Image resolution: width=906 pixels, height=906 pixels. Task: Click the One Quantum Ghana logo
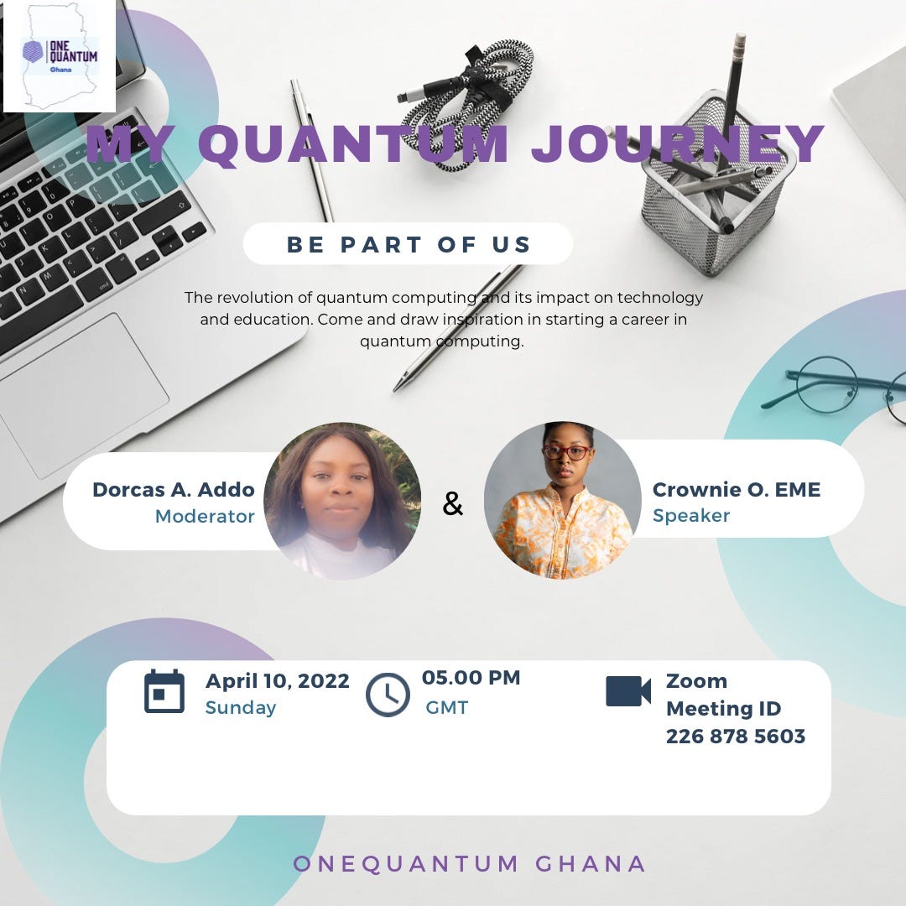[60, 55]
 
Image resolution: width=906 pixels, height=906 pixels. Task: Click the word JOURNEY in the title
[678, 144]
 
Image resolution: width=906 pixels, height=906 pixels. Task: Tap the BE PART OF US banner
[409, 244]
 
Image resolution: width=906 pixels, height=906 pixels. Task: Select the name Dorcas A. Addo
[174, 489]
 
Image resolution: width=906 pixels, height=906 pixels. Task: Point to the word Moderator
[205, 516]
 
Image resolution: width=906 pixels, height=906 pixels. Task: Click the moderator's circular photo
[342, 501]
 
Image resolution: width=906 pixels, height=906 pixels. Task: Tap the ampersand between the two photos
[452, 503]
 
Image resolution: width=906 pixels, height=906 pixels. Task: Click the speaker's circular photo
[563, 501]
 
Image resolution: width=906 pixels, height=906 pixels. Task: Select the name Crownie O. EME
[737, 489]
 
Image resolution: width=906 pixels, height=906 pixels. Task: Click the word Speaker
[691, 515]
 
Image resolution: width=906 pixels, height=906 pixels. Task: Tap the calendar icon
[164, 692]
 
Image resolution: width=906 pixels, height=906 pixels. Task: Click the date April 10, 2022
[278, 680]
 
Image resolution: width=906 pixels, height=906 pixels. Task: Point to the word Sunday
[241, 707]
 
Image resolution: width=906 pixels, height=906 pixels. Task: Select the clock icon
[388, 695]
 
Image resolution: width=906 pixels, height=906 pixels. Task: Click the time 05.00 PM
[471, 678]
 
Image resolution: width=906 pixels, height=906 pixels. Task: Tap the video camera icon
[628, 691]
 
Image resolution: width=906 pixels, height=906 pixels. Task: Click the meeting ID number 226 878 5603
[736, 737]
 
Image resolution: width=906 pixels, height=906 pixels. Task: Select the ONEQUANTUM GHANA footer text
[470, 863]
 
